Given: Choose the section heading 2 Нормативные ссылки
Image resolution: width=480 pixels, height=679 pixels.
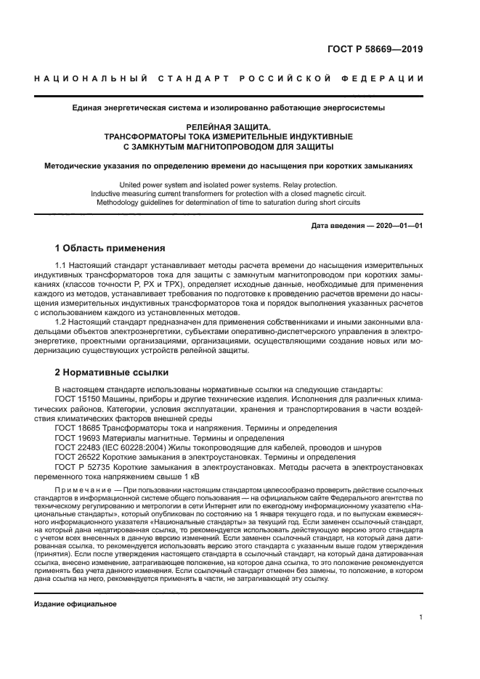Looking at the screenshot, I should (x=112, y=372).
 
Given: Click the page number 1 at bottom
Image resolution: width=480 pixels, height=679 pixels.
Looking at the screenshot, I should (x=421, y=618).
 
